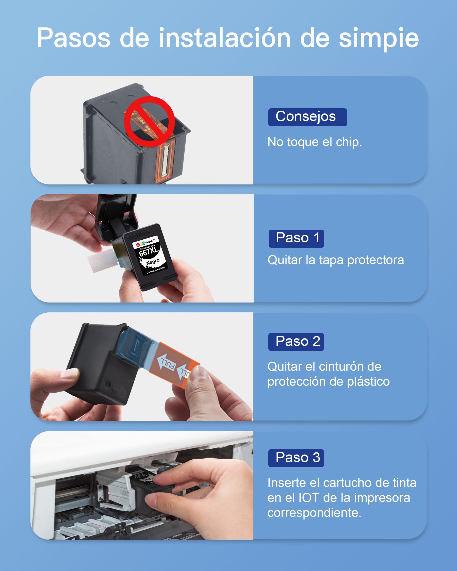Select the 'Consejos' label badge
307,117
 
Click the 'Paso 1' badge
296,238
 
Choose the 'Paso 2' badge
296,342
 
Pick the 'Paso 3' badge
296,458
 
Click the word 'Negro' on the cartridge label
153,262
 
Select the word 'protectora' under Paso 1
376,261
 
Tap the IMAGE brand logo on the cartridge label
146,243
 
